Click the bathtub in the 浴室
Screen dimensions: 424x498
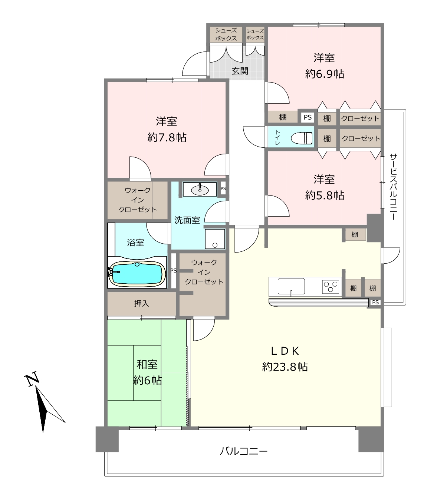(x=137, y=274)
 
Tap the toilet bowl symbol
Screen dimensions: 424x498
(x=302, y=138)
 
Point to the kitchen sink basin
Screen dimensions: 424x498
(x=291, y=286)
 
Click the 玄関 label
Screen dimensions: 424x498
(x=240, y=71)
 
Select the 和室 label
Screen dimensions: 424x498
(x=147, y=364)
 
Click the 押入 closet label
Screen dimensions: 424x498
(x=142, y=303)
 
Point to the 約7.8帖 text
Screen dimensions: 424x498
(x=167, y=137)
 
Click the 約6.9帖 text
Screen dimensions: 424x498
(x=325, y=73)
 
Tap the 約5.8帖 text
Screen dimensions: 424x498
(x=325, y=195)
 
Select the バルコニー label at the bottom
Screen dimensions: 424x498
(x=244, y=451)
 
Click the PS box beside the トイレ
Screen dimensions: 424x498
(x=308, y=117)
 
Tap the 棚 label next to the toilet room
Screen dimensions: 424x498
(x=327, y=138)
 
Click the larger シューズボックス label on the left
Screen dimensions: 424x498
(x=226, y=34)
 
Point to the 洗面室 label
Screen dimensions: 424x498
(x=187, y=220)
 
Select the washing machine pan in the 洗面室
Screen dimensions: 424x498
(x=215, y=239)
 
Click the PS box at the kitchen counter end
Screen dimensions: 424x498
(x=375, y=303)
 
